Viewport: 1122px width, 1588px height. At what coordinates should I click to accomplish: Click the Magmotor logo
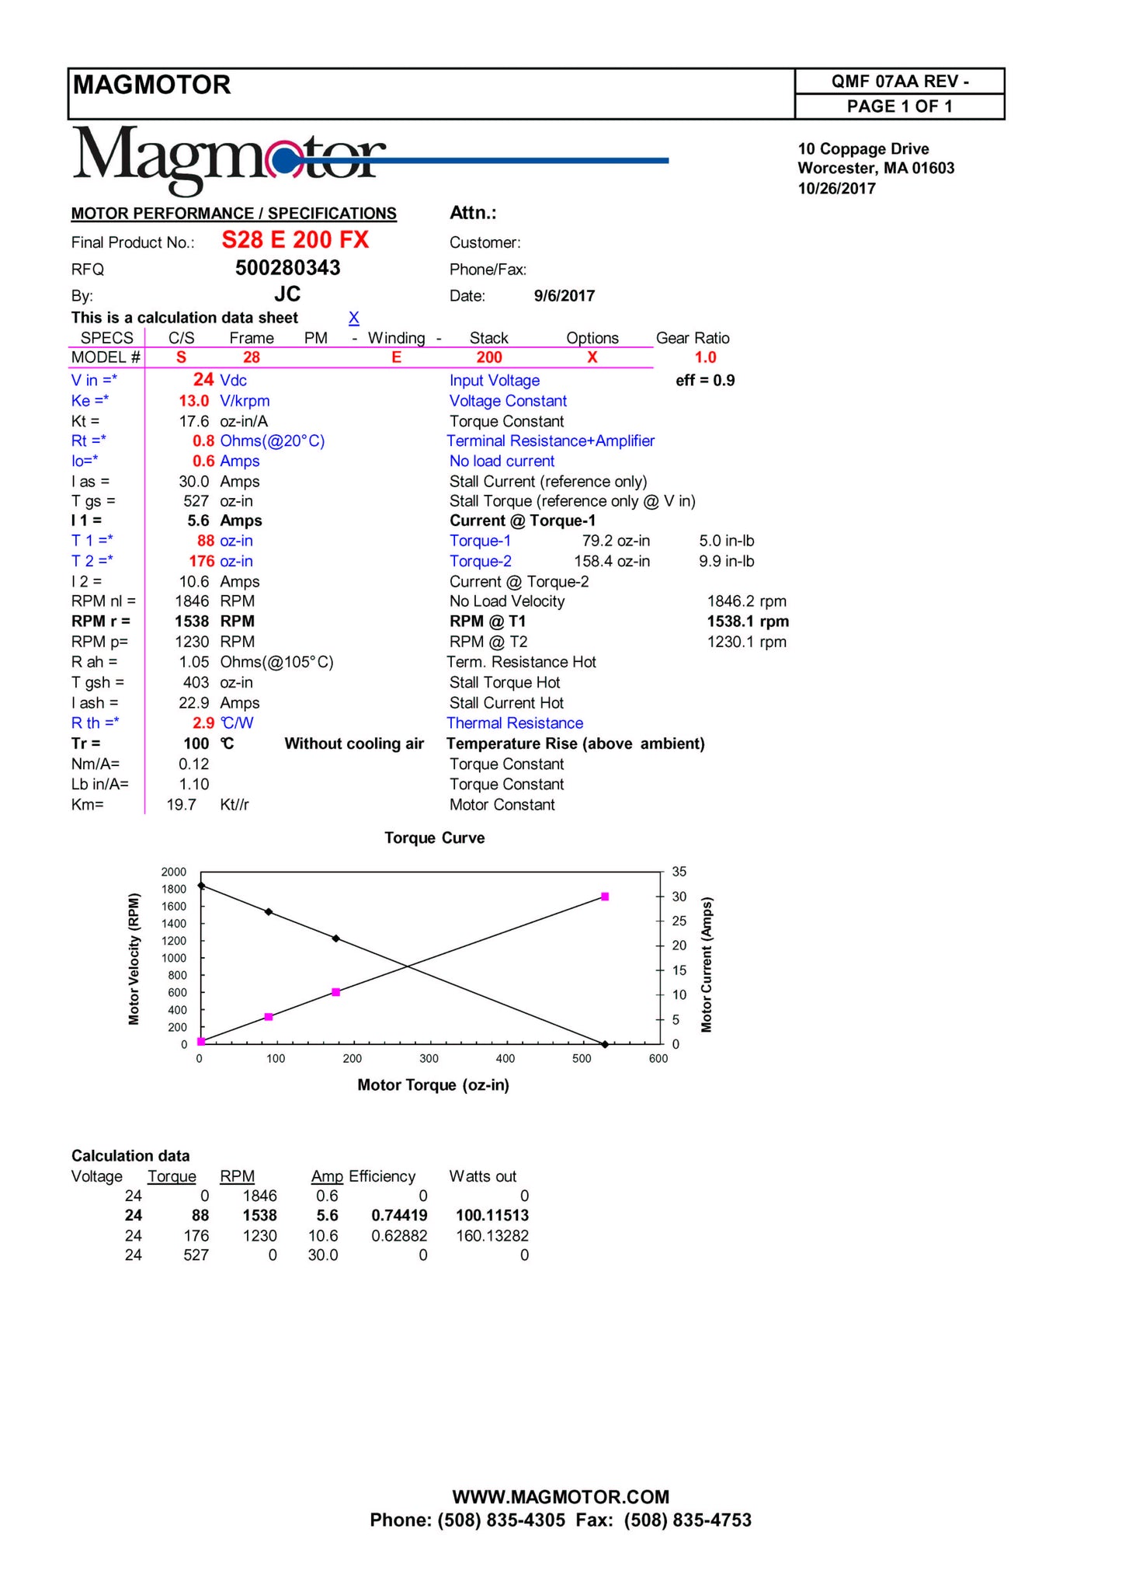(x=229, y=160)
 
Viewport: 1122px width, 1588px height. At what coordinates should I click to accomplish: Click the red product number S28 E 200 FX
(x=295, y=240)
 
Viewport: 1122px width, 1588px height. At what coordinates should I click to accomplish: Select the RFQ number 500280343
(x=287, y=268)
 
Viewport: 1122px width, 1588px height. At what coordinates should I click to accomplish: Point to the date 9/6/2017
(x=564, y=296)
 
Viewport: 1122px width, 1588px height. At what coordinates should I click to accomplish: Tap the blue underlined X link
(x=353, y=318)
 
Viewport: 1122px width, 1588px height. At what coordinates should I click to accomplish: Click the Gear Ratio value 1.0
(x=705, y=357)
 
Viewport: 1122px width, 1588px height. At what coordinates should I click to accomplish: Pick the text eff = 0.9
(x=705, y=381)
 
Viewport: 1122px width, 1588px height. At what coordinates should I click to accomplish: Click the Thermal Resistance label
(x=515, y=723)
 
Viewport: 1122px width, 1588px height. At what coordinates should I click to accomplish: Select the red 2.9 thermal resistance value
(x=203, y=723)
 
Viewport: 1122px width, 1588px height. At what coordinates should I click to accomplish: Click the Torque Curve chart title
(x=434, y=838)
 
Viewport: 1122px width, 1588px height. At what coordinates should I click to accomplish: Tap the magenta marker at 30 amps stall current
(x=605, y=897)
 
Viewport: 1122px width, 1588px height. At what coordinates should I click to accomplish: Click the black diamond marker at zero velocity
(x=605, y=1044)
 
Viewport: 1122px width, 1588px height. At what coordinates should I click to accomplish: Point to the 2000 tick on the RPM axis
(x=174, y=872)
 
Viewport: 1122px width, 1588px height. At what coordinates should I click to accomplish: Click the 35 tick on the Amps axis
(x=679, y=872)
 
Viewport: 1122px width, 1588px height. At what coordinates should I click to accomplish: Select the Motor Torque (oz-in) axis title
(x=433, y=1085)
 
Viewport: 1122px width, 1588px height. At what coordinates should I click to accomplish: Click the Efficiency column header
(x=382, y=1177)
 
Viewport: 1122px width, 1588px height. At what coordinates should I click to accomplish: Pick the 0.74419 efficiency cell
(x=399, y=1216)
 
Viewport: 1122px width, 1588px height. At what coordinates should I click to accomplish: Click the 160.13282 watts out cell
(x=492, y=1236)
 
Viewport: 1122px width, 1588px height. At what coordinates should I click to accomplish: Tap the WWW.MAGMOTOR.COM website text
(x=561, y=1497)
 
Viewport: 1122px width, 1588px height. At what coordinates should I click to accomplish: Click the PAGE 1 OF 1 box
(x=899, y=106)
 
